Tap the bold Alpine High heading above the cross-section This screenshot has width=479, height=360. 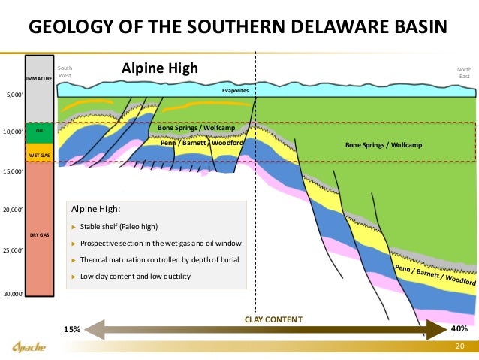pos(159,68)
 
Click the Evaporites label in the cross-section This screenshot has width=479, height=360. pos(235,91)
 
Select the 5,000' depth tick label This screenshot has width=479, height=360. pos(14,95)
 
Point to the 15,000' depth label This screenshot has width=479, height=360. pos(14,171)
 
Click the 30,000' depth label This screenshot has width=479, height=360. pos(14,293)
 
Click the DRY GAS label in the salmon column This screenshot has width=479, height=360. pos(39,235)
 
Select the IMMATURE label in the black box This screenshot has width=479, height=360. pos(38,78)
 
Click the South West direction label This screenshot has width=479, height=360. pos(65,72)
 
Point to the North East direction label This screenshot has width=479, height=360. pos(464,72)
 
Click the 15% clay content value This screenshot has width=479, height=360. pos(71,329)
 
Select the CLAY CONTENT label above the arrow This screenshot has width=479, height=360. pos(273,319)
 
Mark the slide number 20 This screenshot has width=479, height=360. pos(461,346)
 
